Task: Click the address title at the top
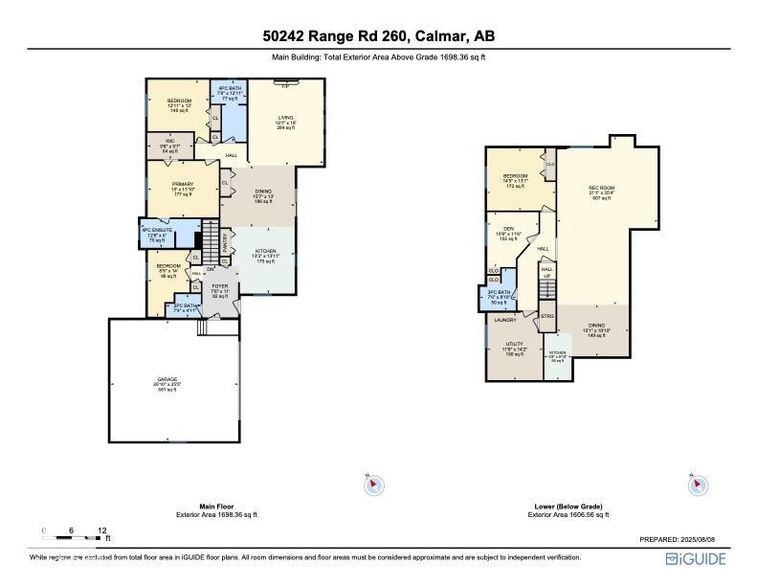pos(379,36)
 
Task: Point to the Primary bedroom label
pos(183,185)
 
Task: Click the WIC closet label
pos(168,145)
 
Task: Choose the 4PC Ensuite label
pos(158,231)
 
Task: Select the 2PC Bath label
pos(185,307)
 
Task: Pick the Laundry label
pos(505,320)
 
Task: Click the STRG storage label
pos(548,315)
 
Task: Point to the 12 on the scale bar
pos(102,530)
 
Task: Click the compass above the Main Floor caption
pos(373,486)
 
